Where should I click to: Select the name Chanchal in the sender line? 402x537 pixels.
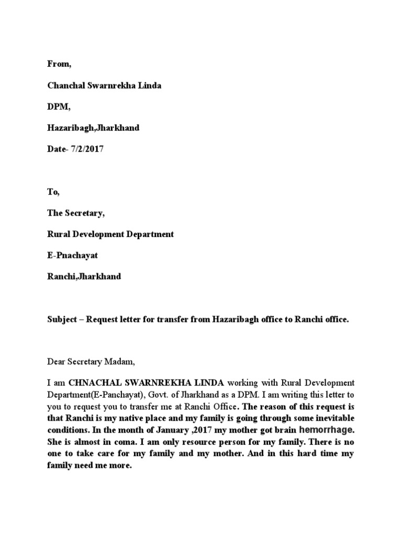pyautogui.click(x=64, y=85)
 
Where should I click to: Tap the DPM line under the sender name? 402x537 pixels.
pyautogui.click(x=58, y=106)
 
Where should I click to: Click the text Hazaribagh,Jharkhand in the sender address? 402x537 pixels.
pyautogui.click(x=93, y=128)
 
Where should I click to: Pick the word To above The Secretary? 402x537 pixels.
pyautogui.click(x=53, y=192)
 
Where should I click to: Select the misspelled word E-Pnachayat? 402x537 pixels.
pyautogui.click(x=72, y=255)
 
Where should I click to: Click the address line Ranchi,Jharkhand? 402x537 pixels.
pyautogui.click(x=84, y=276)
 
